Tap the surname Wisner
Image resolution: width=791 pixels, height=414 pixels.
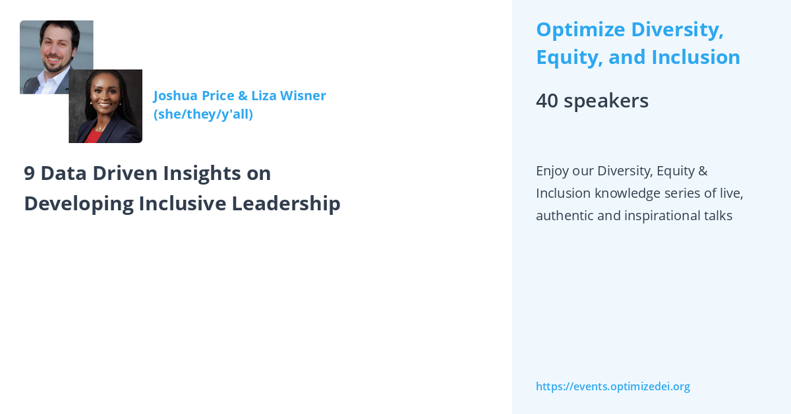[x=303, y=96]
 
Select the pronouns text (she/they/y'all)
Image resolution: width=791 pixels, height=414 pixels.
[x=203, y=114]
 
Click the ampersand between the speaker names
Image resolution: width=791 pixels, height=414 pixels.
[x=242, y=96]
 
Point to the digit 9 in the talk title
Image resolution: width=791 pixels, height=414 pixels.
[x=29, y=173]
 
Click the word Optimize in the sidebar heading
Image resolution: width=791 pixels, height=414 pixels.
[x=578, y=30]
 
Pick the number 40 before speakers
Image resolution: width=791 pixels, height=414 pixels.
[x=546, y=101]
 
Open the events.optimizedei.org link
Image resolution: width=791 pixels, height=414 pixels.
[x=612, y=386]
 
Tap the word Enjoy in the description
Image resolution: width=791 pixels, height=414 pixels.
[x=552, y=171]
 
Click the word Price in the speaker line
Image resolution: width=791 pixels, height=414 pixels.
[x=217, y=96]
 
